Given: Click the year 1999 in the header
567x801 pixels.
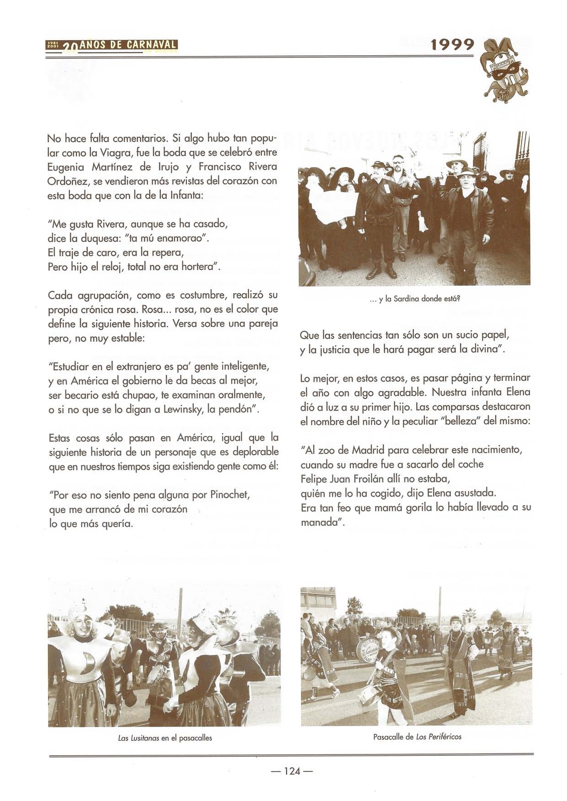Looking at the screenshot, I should pos(452,45).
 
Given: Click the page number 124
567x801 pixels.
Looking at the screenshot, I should pos(292,771).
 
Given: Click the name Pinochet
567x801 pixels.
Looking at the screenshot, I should pos(229,495).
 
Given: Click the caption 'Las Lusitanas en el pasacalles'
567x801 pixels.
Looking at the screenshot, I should pos(164,738).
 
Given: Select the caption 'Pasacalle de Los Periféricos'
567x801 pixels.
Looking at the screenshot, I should pos(417,737).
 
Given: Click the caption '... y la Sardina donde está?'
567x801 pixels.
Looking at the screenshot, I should pos(415,299).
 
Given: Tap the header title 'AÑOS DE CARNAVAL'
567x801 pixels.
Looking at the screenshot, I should pos(128,45).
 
